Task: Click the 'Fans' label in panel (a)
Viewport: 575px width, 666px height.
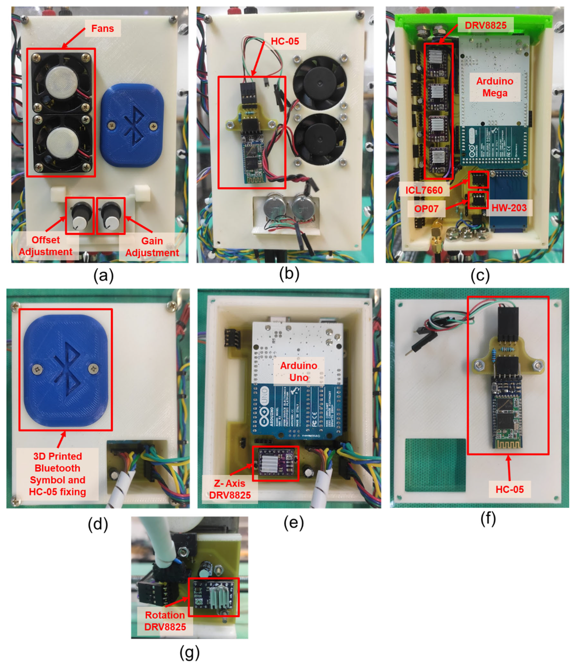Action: pos(102,28)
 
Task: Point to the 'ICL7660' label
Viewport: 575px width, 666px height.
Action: pos(424,190)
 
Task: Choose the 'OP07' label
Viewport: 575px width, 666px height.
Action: pos(426,209)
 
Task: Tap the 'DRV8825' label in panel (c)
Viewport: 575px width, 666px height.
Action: pos(486,25)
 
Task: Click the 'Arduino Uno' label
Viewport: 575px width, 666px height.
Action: pos(299,372)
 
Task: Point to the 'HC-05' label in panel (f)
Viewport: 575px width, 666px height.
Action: pos(509,490)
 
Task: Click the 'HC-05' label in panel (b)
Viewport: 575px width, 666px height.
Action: pos(285,41)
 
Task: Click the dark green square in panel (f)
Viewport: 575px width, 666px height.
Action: pos(435,465)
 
